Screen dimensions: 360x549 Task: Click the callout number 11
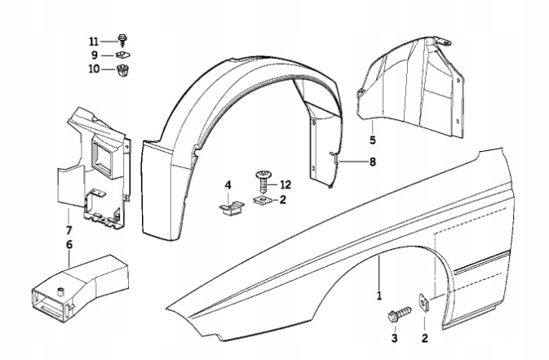[x=94, y=40]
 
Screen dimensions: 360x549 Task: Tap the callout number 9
[x=94, y=55]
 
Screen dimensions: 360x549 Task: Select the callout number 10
[x=94, y=69]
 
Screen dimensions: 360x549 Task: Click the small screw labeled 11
[x=122, y=39]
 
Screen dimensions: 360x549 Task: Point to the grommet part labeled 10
[x=124, y=70]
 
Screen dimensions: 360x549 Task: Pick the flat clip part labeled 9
[x=123, y=55]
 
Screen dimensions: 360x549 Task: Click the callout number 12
[x=286, y=184]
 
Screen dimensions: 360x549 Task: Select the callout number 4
[x=228, y=184]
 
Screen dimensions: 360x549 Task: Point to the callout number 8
[x=372, y=162]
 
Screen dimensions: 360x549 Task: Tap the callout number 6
[x=69, y=244]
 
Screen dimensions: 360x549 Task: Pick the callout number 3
[x=394, y=338]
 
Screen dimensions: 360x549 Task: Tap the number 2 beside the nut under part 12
[x=283, y=198]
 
